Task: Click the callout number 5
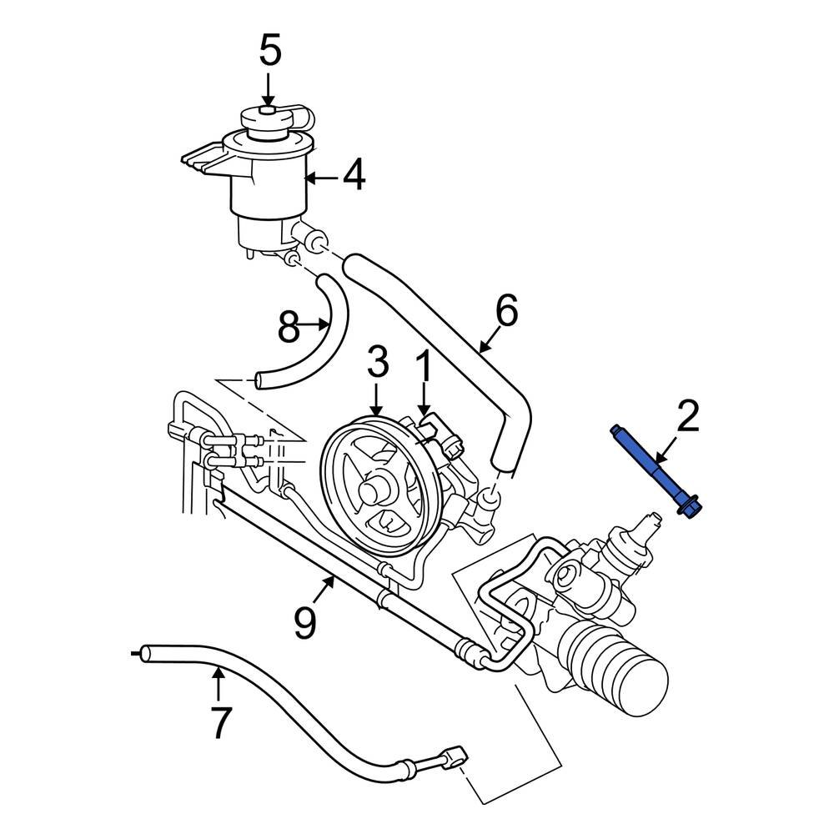[269, 52]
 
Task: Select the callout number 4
[354, 176]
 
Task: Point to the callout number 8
[289, 327]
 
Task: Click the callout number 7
[219, 722]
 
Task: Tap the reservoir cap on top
[266, 119]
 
